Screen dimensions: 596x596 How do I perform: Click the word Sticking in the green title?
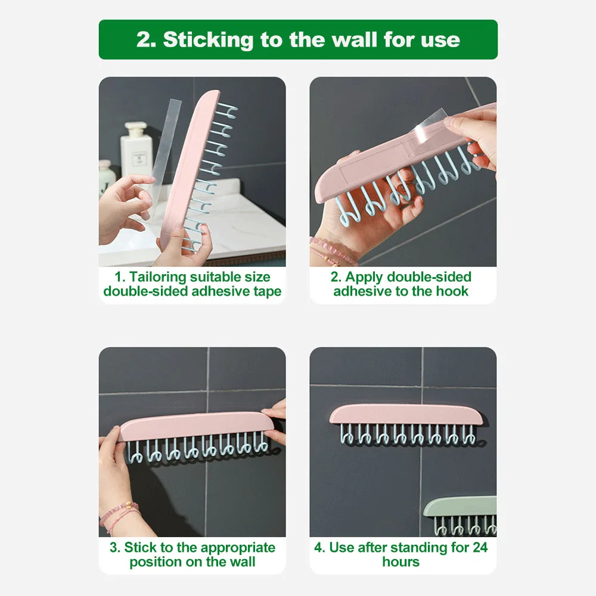pyautogui.click(x=206, y=40)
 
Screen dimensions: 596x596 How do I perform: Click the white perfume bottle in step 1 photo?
pyautogui.click(x=136, y=149)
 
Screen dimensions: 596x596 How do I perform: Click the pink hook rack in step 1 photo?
pyautogui.click(x=184, y=167)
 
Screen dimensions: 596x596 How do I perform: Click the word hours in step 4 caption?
pyautogui.click(x=402, y=562)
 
